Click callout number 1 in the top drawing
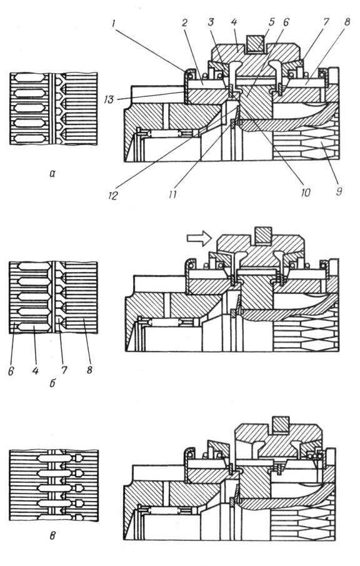[x=114, y=24]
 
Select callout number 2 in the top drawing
[x=184, y=23]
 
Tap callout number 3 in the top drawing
[x=211, y=23]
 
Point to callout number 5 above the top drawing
[x=272, y=22]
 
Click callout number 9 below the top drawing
[x=338, y=191]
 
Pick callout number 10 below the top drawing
[x=305, y=193]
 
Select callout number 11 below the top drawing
[x=172, y=195]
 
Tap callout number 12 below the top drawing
[x=113, y=195]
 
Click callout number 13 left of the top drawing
[x=109, y=99]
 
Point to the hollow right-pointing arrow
[x=199, y=238]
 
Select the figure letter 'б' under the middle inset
[x=52, y=383]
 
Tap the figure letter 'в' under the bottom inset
[x=52, y=536]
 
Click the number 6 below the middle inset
[x=11, y=371]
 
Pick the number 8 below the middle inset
[x=89, y=370]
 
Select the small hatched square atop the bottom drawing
[x=281, y=424]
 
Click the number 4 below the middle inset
[x=35, y=371]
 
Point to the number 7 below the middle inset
[x=65, y=370]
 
